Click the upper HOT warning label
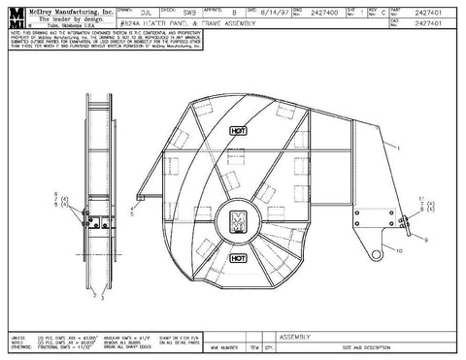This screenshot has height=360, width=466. click(238, 128)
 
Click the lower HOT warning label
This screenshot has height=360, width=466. click(238, 259)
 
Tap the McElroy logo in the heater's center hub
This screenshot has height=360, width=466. click(238, 220)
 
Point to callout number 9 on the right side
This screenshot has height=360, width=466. click(425, 239)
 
